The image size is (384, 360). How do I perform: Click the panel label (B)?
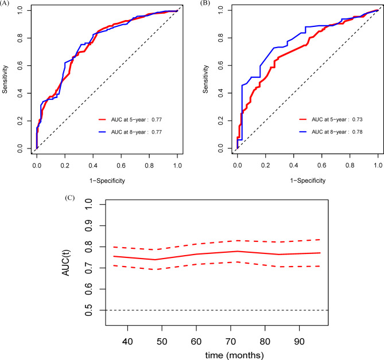pos(204,4)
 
